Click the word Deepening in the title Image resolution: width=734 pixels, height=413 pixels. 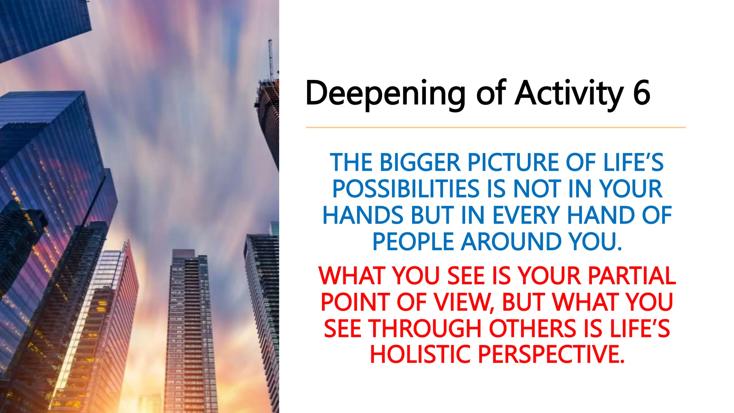(x=385, y=94)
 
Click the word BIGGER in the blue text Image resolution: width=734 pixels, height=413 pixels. (x=420, y=163)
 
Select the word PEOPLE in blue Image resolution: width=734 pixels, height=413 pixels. (x=413, y=242)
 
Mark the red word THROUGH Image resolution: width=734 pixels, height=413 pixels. (x=425, y=329)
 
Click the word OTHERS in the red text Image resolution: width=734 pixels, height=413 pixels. (x=534, y=329)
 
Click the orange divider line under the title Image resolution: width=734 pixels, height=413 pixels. (x=495, y=127)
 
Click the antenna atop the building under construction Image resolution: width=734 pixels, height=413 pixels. (x=271, y=57)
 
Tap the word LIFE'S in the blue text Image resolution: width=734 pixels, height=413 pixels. (x=633, y=163)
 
